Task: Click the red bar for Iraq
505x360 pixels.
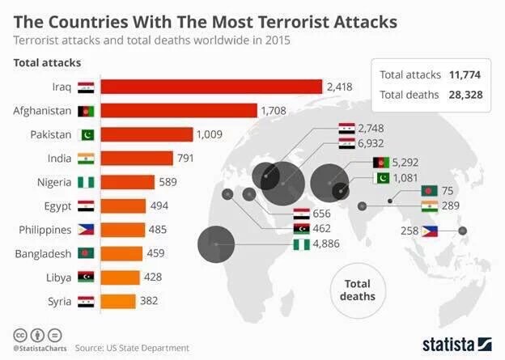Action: pos(211,87)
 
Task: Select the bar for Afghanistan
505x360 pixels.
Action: pos(179,111)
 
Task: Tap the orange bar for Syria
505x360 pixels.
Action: pos(118,301)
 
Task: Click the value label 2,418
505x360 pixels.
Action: pos(340,87)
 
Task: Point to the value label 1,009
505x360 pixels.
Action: pos(211,134)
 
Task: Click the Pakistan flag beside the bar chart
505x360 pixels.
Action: pos(86,134)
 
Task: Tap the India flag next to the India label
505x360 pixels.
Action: pos(86,159)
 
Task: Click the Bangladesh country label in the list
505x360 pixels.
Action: pos(42,253)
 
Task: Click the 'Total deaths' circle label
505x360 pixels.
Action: pos(357,290)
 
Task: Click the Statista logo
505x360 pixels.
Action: pos(456,342)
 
